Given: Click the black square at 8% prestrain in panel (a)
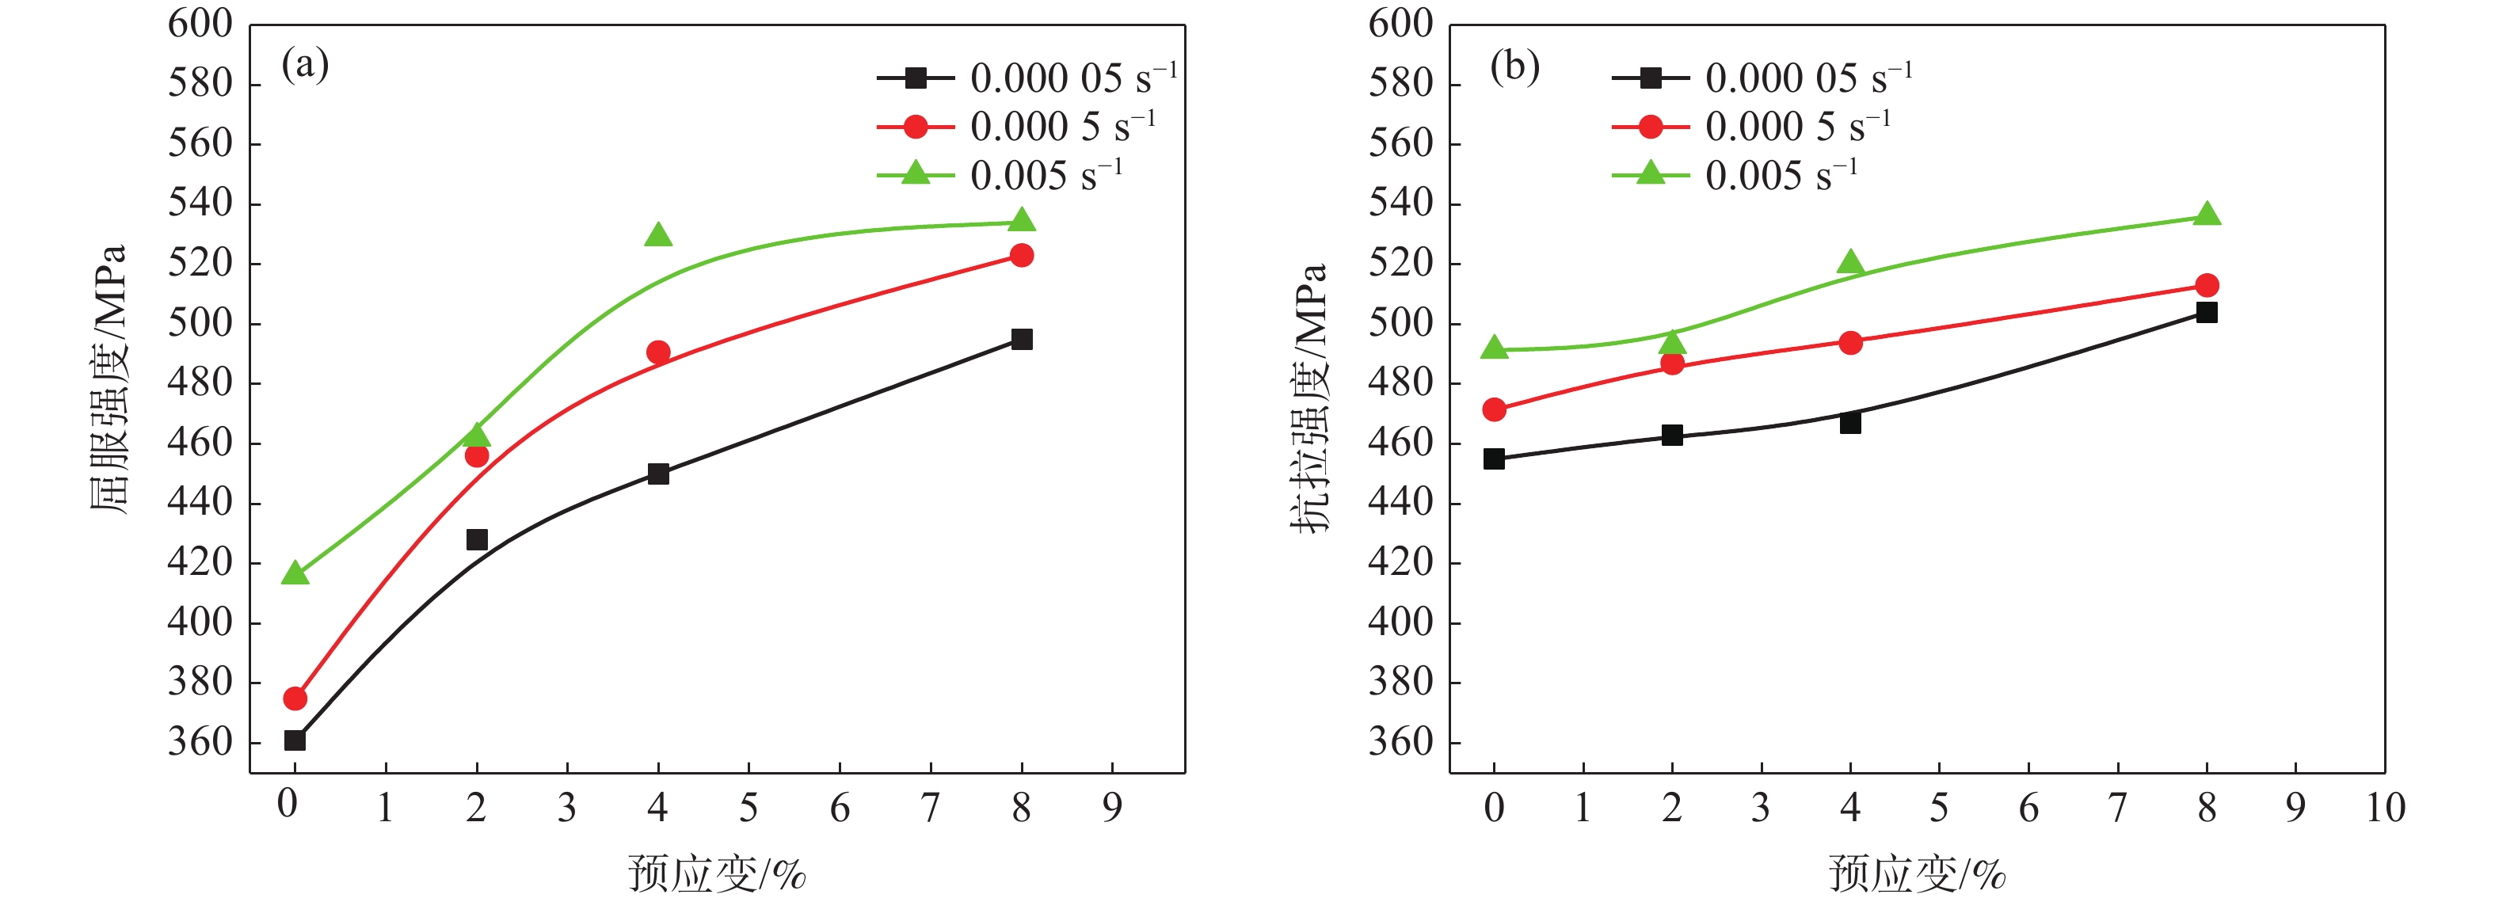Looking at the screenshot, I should tap(1021, 339).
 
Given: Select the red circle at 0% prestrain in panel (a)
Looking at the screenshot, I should tap(295, 698).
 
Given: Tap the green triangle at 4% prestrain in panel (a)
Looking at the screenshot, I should tap(659, 235).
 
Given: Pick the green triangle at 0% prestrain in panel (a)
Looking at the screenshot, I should tap(295, 574).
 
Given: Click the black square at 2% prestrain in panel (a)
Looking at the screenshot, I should tap(477, 539).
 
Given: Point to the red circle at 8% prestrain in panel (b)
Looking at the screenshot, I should tap(2207, 285).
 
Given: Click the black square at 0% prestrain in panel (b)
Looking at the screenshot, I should tap(1494, 459).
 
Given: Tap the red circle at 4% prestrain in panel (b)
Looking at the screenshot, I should tap(1850, 342).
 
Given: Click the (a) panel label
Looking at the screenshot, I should tap(305, 66).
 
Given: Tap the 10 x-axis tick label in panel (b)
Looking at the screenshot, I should tap(2386, 807).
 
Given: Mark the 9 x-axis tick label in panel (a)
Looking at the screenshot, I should tap(1112, 807).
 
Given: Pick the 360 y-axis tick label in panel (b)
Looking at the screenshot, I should tap(1400, 742).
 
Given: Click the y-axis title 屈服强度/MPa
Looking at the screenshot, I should tap(109, 378).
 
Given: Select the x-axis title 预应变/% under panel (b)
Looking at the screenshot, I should tap(1917, 874).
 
